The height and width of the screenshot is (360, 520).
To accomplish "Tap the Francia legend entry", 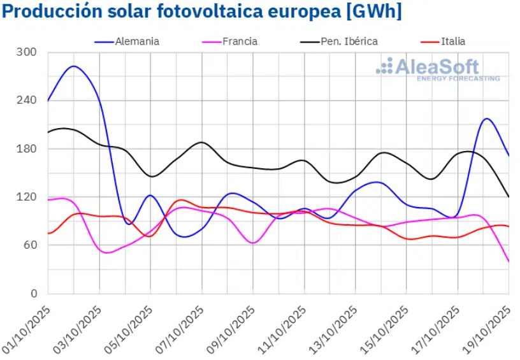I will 240,41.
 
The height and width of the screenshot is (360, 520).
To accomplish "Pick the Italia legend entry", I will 452,41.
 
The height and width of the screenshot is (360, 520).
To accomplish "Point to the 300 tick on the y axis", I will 29,52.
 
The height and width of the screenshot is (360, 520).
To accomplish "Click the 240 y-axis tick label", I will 29,101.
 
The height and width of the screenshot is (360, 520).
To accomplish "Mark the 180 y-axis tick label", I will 29,149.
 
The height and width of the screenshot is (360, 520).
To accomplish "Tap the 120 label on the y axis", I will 29,197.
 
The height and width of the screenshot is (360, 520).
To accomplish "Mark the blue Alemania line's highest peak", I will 74,66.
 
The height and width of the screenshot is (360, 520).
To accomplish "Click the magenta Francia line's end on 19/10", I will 509,261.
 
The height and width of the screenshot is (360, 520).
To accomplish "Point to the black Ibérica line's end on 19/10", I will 509,197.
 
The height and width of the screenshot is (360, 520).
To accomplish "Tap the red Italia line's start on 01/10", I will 48,233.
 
